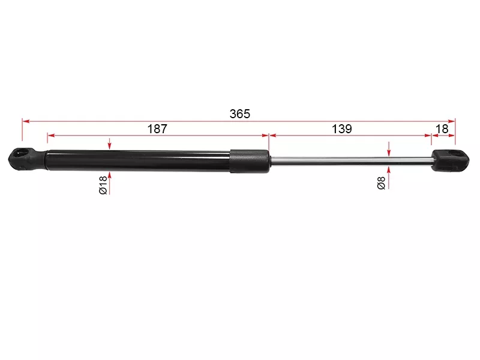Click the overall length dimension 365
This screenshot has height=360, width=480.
tap(239, 114)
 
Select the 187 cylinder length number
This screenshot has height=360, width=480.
tap(157, 129)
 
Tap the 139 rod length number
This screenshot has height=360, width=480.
tap(341, 129)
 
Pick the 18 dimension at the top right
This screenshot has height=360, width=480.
tap(442, 129)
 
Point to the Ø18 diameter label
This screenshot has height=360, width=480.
tap(103, 185)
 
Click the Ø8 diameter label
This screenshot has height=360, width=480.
tap(381, 183)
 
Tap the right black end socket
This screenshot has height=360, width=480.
tap(450, 160)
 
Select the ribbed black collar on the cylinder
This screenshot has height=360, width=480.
tap(250, 161)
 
